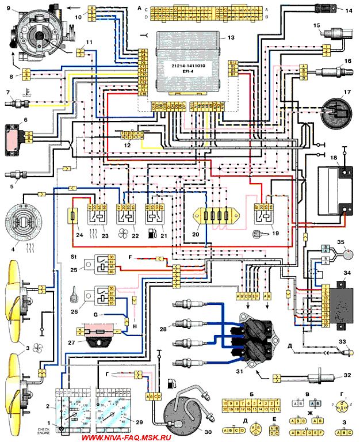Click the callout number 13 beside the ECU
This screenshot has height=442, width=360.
231,38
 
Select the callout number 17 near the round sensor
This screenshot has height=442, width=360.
346,92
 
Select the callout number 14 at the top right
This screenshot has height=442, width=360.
348,10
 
